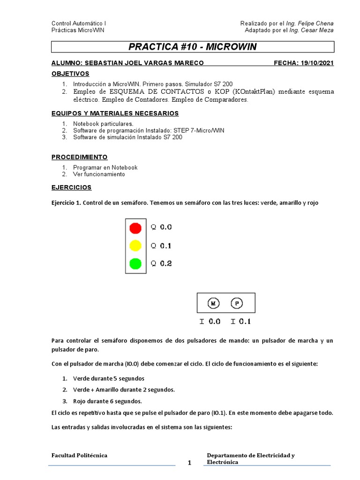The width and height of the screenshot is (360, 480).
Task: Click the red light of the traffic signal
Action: point(135,228)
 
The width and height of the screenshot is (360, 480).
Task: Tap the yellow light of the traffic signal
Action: point(135,246)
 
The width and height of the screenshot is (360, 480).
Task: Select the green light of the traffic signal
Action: point(135,263)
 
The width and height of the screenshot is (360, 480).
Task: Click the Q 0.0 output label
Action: point(161,227)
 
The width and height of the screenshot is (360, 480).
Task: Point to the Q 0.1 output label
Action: point(161,246)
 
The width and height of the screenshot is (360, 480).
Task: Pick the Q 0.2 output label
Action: point(161,263)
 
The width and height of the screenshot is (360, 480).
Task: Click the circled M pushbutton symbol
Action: point(214,304)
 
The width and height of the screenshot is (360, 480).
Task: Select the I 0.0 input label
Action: point(210,322)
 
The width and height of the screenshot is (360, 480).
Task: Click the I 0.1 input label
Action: point(240,322)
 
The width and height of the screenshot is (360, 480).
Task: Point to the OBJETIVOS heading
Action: point(70,74)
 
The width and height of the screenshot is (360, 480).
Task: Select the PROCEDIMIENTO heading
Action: point(79,157)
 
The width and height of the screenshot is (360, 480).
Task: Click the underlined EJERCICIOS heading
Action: point(71,187)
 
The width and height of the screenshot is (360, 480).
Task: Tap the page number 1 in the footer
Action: point(190,463)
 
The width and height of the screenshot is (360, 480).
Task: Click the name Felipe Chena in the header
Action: point(316,23)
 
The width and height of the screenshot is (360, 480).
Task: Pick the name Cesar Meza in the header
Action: point(317,30)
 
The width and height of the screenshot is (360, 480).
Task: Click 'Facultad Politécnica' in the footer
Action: point(79,455)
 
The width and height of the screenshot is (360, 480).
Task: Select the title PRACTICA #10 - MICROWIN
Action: point(192,47)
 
